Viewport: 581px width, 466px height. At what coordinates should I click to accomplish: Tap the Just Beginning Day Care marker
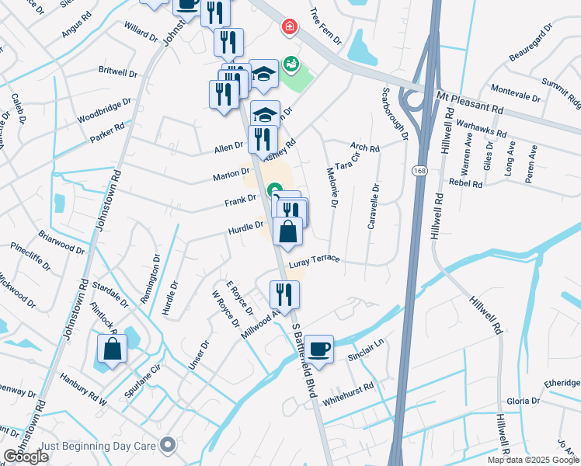(167, 445)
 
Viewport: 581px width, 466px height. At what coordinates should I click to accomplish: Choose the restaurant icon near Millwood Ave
(284, 295)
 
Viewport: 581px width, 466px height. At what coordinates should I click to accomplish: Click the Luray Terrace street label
(314, 261)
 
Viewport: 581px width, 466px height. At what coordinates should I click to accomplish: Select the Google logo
(26, 457)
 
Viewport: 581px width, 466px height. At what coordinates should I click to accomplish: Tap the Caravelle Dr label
(374, 205)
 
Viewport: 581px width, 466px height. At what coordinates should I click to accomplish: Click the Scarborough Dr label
(394, 113)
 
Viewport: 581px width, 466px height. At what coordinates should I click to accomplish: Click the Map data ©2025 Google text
(533, 460)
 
